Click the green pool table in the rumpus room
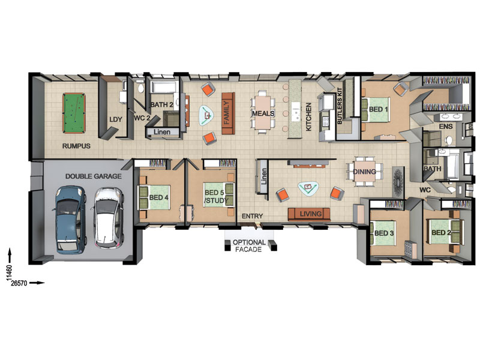(74, 113)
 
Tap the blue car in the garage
(70, 220)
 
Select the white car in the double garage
(109, 217)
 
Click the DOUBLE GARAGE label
(94, 176)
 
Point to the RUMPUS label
(76, 146)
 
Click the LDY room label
(116, 119)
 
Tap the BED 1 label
(379, 109)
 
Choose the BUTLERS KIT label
(340, 106)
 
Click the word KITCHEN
(308, 116)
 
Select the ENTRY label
(252, 216)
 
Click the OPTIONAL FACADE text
(249, 246)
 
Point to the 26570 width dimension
(19, 283)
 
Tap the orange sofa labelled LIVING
(309, 214)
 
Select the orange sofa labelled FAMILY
(228, 113)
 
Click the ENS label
(446, 127)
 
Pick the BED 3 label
(384, 233)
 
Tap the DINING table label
(364, 172)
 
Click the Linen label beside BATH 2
(162, 132)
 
